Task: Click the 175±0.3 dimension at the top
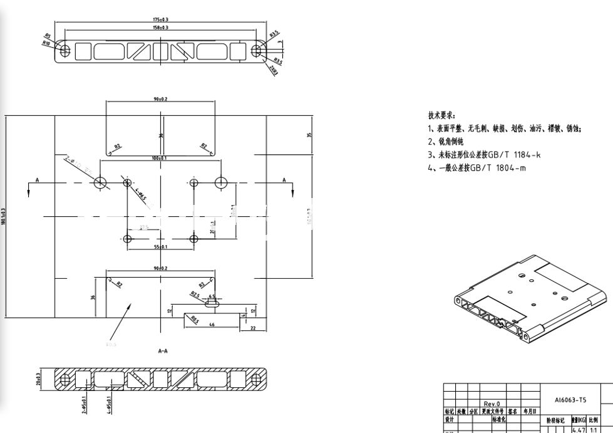coord(161,19)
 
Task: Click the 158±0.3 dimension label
coord(161,28)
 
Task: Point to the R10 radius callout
coord(46,43)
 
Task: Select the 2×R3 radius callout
coord(273,70)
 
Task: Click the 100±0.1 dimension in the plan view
coord(159,158)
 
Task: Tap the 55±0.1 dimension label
coord(160,248)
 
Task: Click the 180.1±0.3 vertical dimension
coord(4,217)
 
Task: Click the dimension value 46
coord(212,325)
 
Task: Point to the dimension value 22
coord(252,327)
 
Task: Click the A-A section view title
coord(163,352)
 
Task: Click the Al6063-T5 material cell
coord(570,399)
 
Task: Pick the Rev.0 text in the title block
coord(492,404)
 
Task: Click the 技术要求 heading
coord(441,115)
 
